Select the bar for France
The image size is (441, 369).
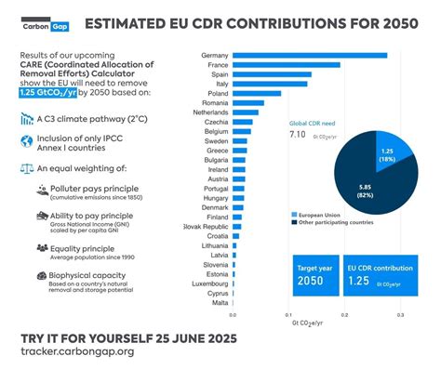285,64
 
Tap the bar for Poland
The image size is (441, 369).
255,93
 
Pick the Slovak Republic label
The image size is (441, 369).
205,227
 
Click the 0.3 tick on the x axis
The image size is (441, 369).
399,315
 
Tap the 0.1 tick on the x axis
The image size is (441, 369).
288,315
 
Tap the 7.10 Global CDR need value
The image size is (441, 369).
298,135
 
